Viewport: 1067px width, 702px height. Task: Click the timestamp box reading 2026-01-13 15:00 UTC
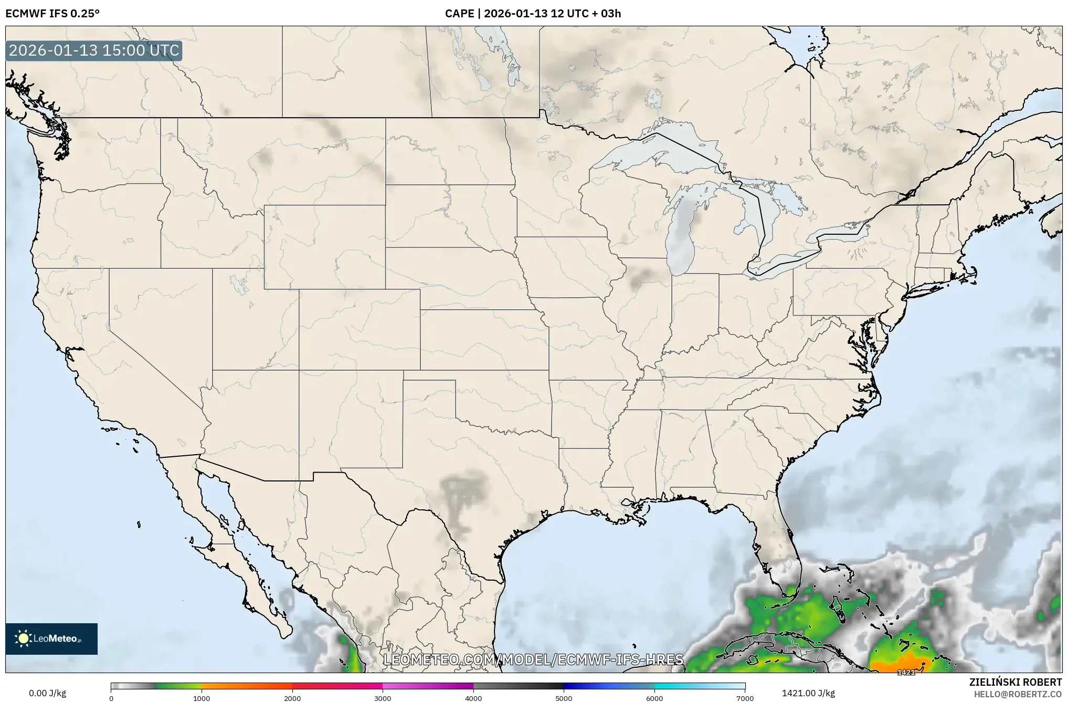94,50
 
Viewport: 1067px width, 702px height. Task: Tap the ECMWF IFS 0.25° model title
52,13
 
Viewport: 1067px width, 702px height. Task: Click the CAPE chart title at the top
533,13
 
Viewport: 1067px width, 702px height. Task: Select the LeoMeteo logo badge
51,638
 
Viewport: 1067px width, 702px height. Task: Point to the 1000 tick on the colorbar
202,698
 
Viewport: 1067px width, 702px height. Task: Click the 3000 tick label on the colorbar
383,698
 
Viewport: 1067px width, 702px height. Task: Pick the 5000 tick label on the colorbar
564,698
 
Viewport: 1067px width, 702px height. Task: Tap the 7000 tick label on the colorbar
745,698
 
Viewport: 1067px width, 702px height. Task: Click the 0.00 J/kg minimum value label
48,693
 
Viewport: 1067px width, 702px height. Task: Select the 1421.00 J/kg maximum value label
808,693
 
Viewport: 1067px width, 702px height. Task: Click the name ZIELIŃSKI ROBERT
1015,682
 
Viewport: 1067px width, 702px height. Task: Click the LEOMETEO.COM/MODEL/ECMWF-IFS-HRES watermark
533,659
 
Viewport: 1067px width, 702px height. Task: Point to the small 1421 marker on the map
906,672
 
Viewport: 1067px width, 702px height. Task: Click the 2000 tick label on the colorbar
292,698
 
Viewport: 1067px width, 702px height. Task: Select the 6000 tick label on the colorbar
654,698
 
